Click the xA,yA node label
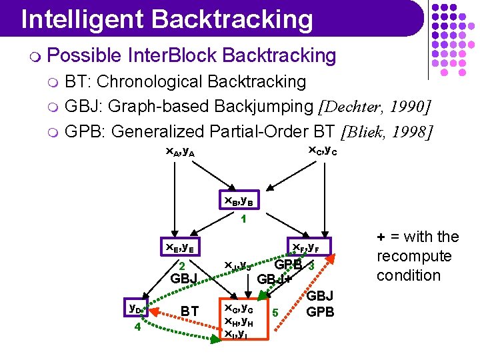point(180,152)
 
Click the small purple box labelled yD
point(137,309)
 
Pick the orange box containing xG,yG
point(244,320)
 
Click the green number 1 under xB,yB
point(244,219)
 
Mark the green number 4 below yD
point(137,327)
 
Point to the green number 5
point(275,311)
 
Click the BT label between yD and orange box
point(189,311)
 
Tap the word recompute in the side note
point(414,256)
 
